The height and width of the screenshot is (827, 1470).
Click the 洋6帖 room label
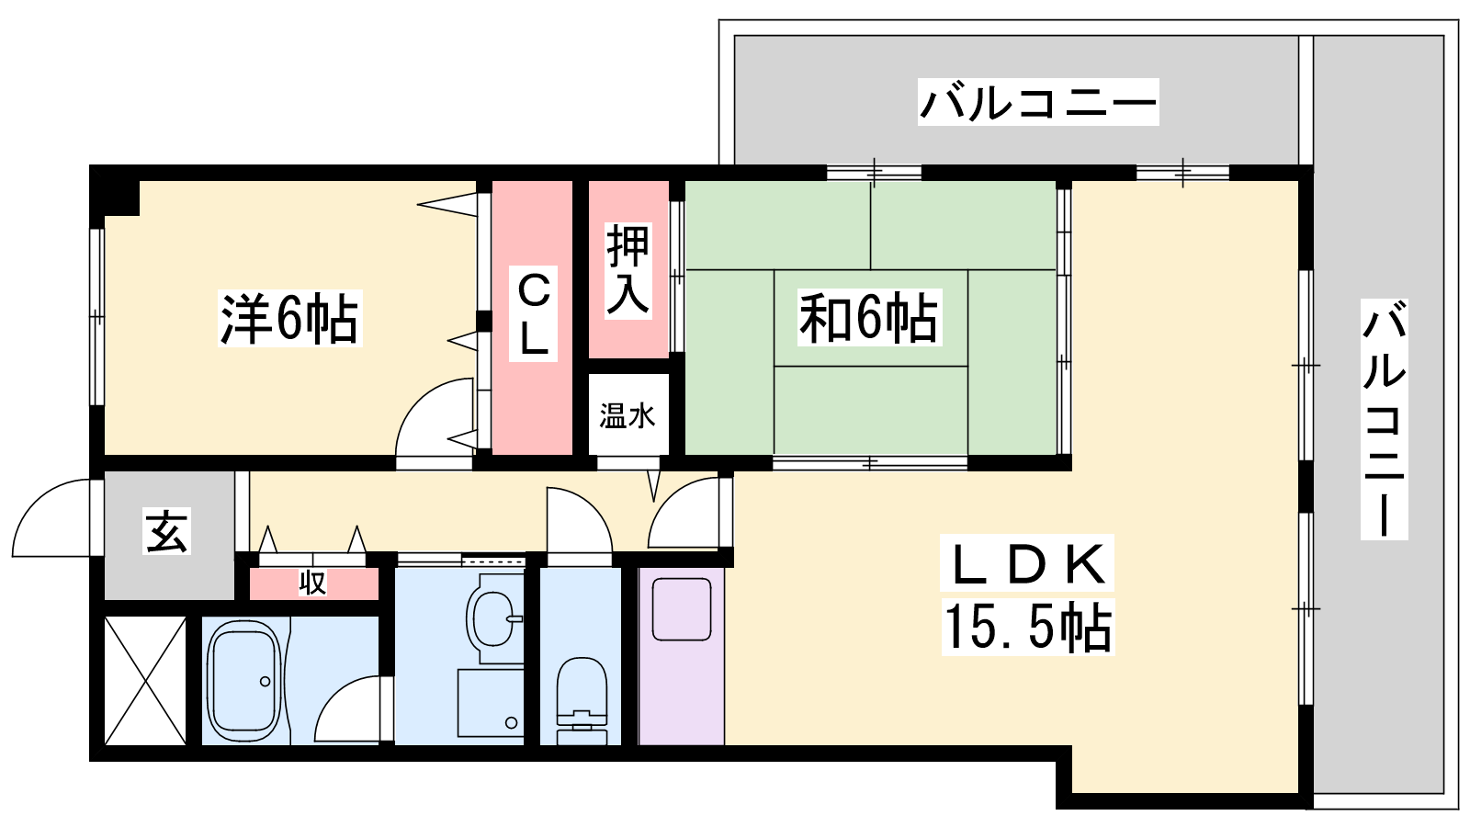[289, 318]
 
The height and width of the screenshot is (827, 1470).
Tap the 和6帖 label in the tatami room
[869, 318]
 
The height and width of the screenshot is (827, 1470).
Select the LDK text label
[1027, 562]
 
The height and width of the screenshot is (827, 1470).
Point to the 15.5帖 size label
[1028, 627]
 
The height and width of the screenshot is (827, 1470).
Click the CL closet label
[534, 313]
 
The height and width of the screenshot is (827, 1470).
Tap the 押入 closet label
[628, 270]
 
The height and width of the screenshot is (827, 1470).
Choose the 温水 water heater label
[627, 415]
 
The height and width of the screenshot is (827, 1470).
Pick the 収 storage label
[312, 583]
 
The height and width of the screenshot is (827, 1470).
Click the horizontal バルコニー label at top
[1038, 102]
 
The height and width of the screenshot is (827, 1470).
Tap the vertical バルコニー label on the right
[1384, 419]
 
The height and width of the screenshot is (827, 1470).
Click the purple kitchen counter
[682, 656]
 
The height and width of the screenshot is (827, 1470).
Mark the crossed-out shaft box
[145, 681]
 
